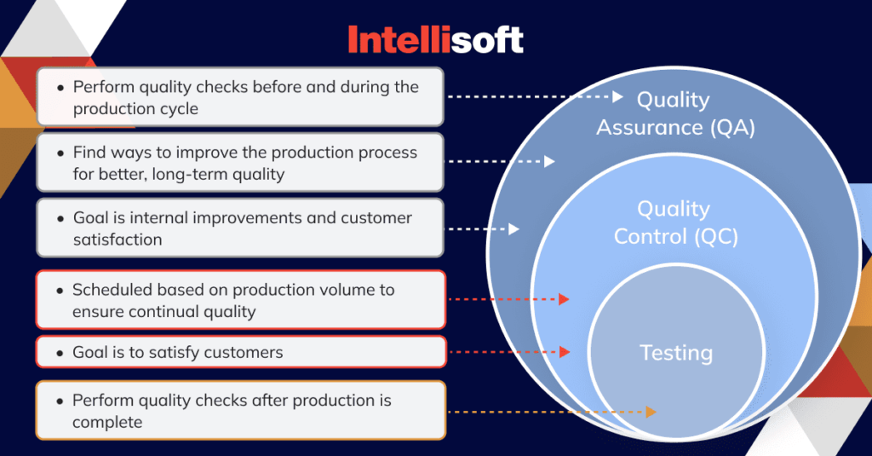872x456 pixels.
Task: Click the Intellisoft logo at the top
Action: click(x=435, y=40)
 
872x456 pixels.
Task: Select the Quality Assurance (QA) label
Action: click(x=674, y=113)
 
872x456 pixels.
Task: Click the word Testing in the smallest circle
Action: click(x=676, y=352)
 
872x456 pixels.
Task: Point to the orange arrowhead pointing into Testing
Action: click(x=651, y=412)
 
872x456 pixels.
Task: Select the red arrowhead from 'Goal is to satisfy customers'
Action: click(x=564, y=351)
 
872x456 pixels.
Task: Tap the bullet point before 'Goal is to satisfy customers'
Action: click(x=58, y=353)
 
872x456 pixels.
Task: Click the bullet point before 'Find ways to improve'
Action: click(x=59, y=153)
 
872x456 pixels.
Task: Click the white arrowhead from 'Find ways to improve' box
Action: click(x=549, y=161)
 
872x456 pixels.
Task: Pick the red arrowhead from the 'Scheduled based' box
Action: click(x=564, y=299)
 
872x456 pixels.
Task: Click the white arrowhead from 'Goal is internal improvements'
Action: click(x=514, y=228)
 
